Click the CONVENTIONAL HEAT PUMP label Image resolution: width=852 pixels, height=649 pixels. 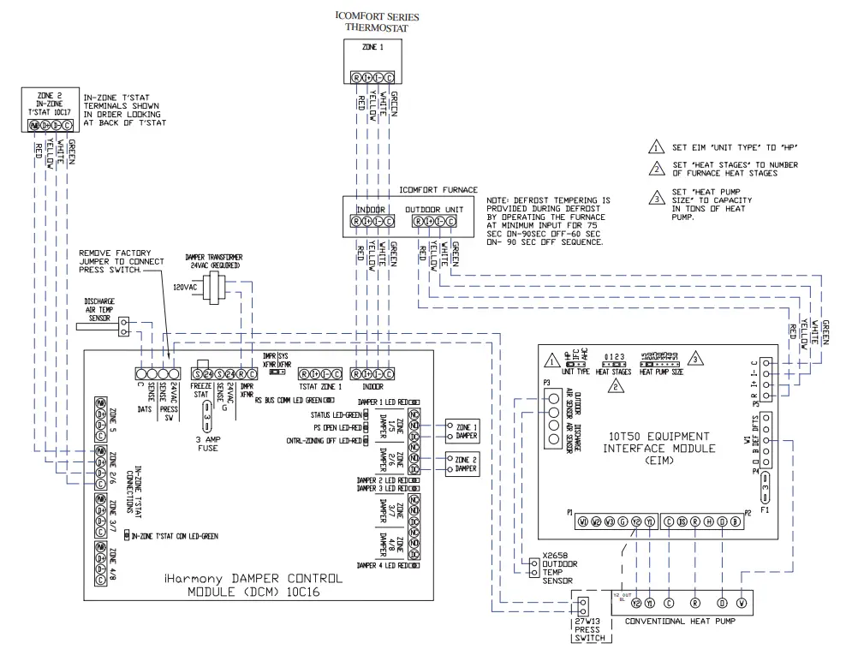(681, 622)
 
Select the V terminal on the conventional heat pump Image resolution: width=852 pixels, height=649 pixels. (742, 602)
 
